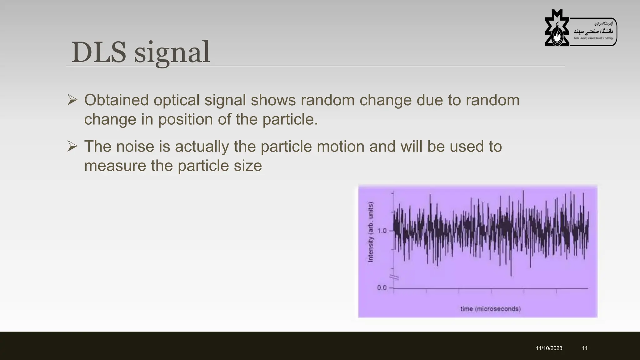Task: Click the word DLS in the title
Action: point(99,52)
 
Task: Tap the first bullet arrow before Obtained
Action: point(72,100)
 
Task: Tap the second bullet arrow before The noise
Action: point(72,146)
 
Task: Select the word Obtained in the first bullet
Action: point(116,100)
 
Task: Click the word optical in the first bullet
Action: point(176,100)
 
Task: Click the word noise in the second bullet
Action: point(135,146)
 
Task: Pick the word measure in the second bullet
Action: point(115,166)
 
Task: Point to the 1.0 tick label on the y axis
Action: point(382,231)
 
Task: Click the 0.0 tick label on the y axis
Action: point(382,287)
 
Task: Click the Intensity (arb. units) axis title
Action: point(371,232)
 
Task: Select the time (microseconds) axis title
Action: point(490,309)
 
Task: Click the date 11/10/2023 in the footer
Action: point(549,348)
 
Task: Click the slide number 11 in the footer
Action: point(585,348)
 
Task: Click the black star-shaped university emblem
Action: point(557,29)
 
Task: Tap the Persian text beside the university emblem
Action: point(593,31)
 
